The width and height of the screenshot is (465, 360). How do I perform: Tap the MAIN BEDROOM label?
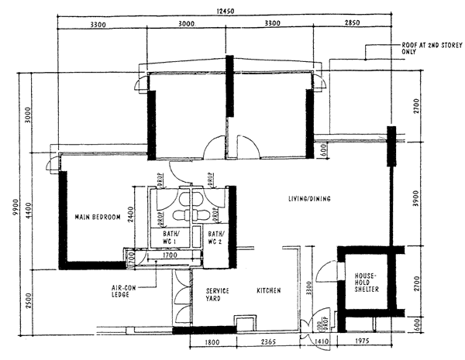(98, 218)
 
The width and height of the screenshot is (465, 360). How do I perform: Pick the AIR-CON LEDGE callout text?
(127, 290)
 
